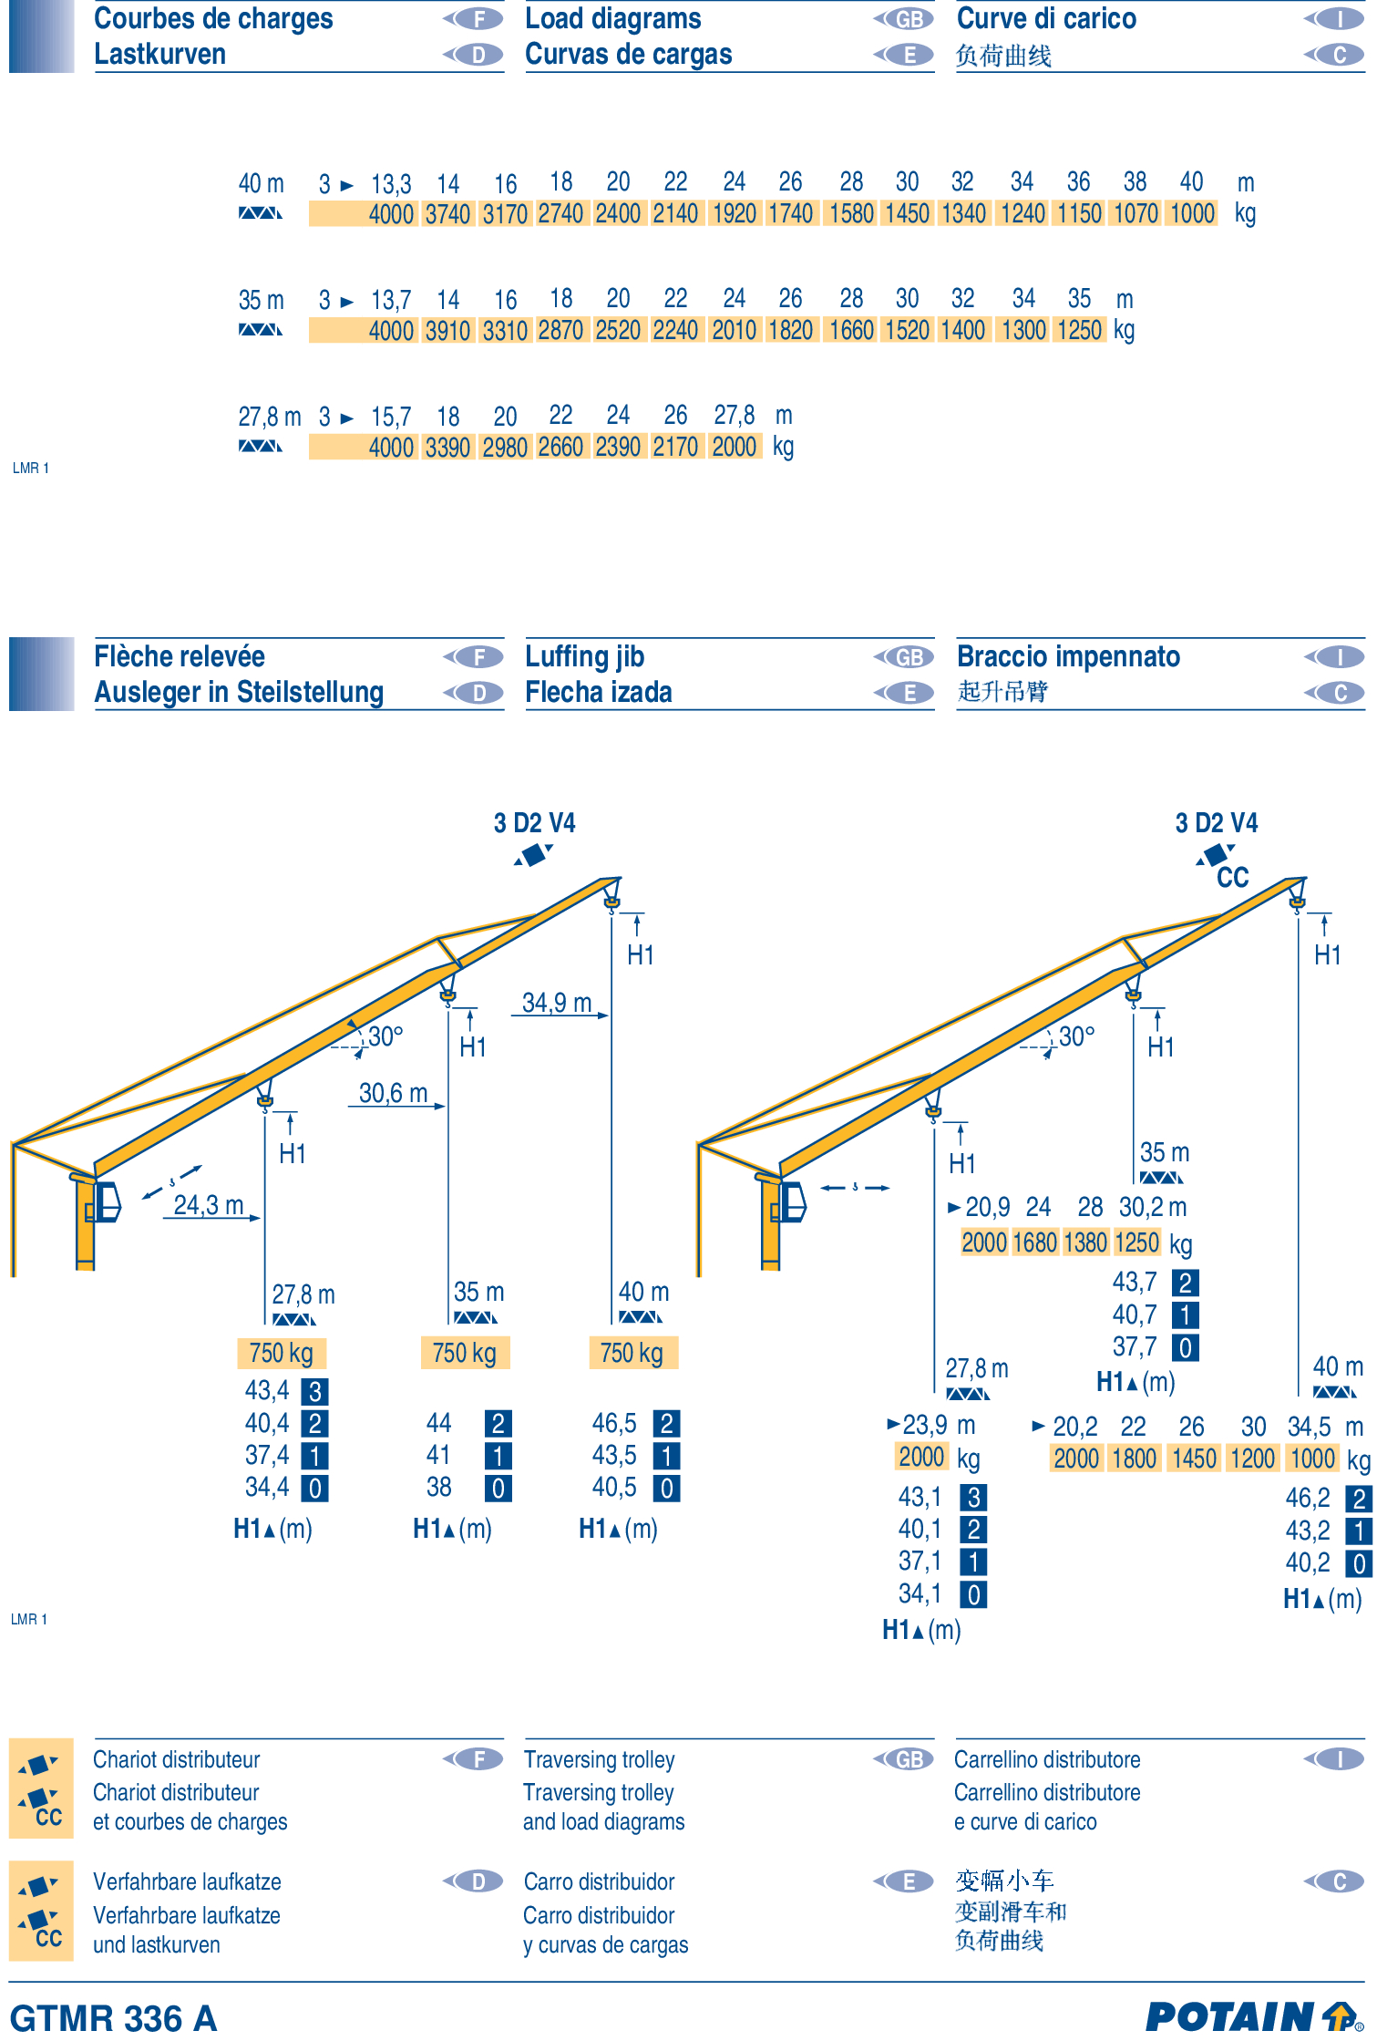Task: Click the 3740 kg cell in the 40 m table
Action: point(448,214)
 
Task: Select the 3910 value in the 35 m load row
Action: point(448,330)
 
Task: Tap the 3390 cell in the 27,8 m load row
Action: point(448,447)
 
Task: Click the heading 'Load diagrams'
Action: point(613,18)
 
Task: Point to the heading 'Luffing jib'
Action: point(585,656)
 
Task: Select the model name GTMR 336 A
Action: point(114,2018)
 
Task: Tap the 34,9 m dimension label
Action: point(557,1003)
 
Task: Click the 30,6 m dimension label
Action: point(393,1093)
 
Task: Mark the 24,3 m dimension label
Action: point(209,1205)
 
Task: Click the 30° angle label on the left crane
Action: point(385,1036)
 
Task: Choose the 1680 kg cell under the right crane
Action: point(1034,1242)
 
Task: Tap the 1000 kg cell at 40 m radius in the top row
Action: point(1193,214)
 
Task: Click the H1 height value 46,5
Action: point(614,1423)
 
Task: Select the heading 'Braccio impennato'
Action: point(1068,656)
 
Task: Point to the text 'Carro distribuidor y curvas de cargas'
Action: point(605,1912)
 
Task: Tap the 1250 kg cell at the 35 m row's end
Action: point(1080,330)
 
